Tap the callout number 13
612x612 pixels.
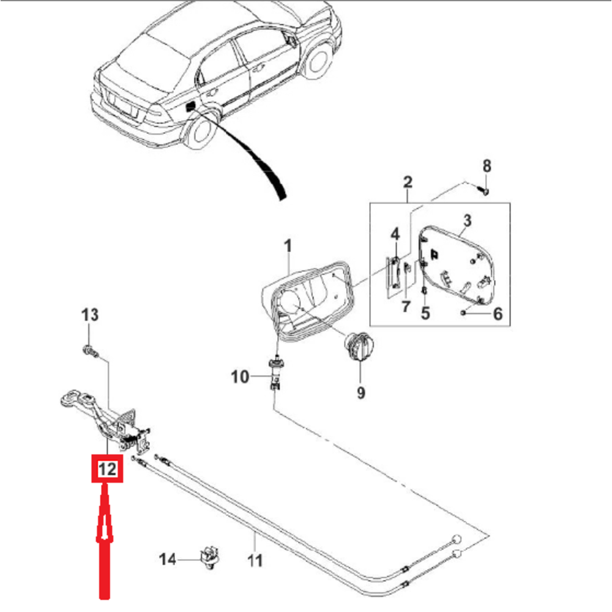90,315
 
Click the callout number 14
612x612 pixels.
168,559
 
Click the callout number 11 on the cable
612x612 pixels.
255,559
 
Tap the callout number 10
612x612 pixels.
241,376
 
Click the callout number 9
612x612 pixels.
360,392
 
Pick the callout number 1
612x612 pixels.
288,247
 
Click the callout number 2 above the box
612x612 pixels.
408,182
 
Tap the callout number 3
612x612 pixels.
466,220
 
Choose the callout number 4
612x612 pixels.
395,234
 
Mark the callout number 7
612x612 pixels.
405,307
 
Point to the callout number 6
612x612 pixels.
497,315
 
